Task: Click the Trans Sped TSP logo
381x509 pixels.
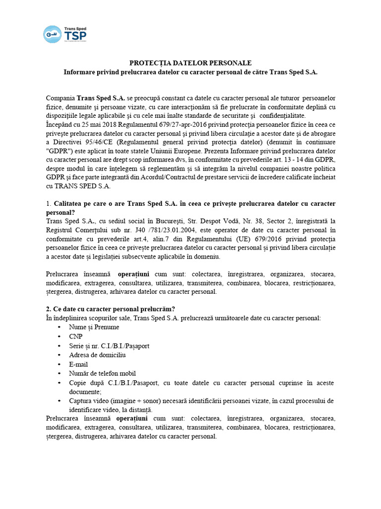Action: click(x=64, y=34)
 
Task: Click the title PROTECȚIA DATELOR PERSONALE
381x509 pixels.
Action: click(x=190, y=63)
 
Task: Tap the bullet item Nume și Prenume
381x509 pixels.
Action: click(x=94, y=327)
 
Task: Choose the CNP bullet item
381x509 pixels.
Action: click(x=76, y=337)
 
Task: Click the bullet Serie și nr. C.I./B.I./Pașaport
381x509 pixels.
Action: click(x=109, y=345)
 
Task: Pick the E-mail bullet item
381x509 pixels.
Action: click(x=79, y=364)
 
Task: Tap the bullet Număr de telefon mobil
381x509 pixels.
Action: click(x=103, y=373)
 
